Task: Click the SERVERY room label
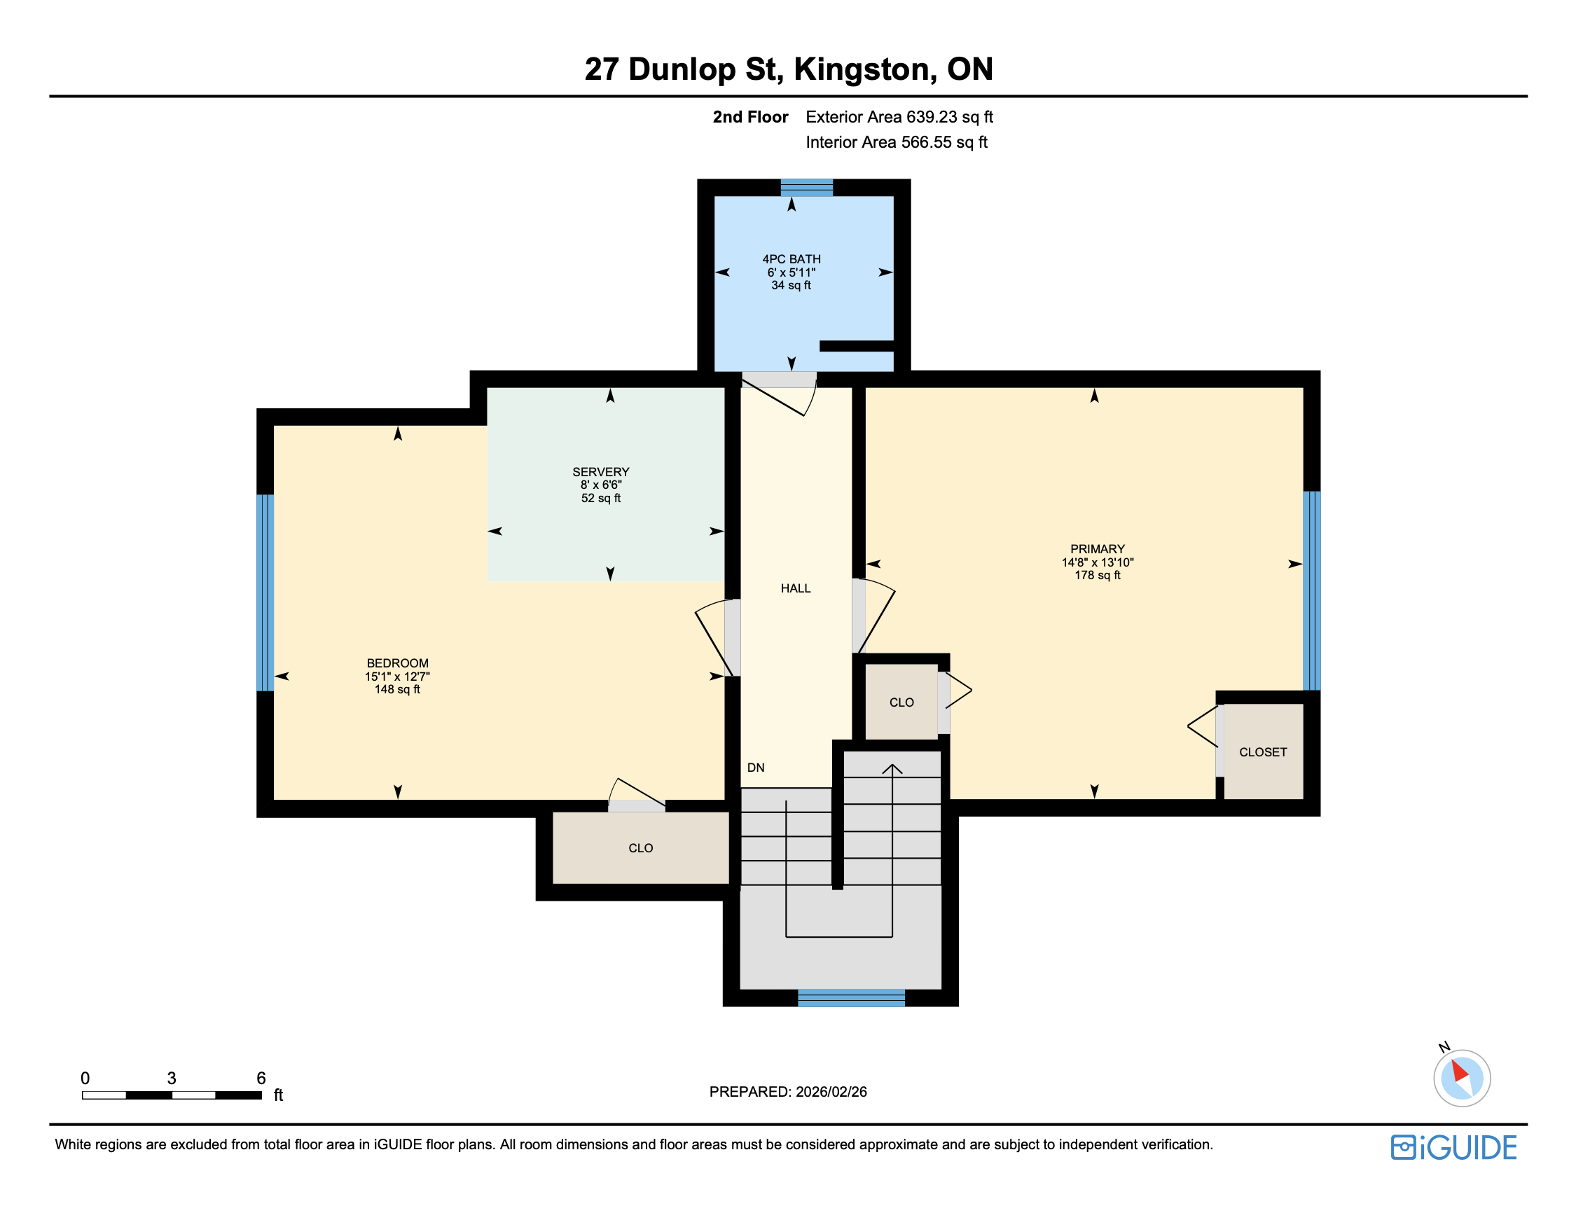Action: (600, 472)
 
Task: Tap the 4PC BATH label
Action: (791, 259)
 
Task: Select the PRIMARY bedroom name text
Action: (1097, 549)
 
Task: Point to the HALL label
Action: (795, 588)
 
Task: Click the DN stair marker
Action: (756, 768)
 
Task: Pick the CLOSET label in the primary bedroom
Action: (1263, 751)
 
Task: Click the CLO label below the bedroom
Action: (640, 847)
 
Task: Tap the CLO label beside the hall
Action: (901, 702)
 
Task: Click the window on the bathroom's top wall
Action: (806, 188)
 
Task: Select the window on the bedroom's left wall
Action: (265, 592)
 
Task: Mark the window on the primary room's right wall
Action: (1311, 591)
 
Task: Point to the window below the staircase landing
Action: (851, 998)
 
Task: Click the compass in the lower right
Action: (1461, 1078)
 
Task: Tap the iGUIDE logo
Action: (1453, 1147)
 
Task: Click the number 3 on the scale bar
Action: (172, 1078)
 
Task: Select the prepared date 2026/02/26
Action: (831, 1092)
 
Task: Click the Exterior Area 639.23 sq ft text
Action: (899, 117)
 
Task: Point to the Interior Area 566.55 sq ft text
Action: (897, 142)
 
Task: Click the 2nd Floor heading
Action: (750, 117)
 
